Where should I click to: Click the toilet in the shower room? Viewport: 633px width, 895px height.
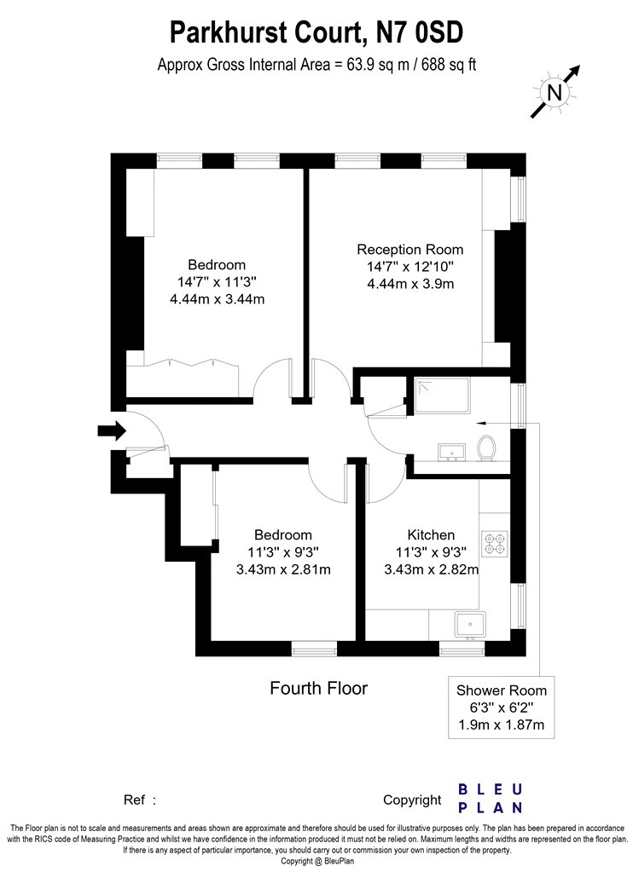486,448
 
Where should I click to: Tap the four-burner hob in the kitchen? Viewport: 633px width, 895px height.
495,544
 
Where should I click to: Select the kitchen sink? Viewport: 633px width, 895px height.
470,625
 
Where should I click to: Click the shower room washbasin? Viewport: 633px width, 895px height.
452,452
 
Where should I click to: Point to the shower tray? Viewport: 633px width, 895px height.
442,395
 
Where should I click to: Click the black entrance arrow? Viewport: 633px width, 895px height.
112,430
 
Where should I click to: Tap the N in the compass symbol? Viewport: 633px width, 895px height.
555,92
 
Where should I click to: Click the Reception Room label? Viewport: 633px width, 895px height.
410,250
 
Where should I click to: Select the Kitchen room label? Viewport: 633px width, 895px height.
432,534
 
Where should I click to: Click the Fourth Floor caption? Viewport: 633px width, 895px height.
319,689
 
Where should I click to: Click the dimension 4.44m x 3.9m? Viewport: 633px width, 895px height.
410,284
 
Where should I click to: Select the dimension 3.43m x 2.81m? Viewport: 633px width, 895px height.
283,569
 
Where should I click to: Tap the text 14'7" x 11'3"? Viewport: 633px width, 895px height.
217,281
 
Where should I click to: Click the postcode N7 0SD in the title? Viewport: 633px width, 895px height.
419,32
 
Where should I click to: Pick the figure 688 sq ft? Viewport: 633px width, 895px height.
449,65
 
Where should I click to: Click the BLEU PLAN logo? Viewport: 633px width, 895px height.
491,798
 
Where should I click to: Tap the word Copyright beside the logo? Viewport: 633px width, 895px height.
412,800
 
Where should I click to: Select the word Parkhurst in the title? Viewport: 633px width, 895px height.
228,32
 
